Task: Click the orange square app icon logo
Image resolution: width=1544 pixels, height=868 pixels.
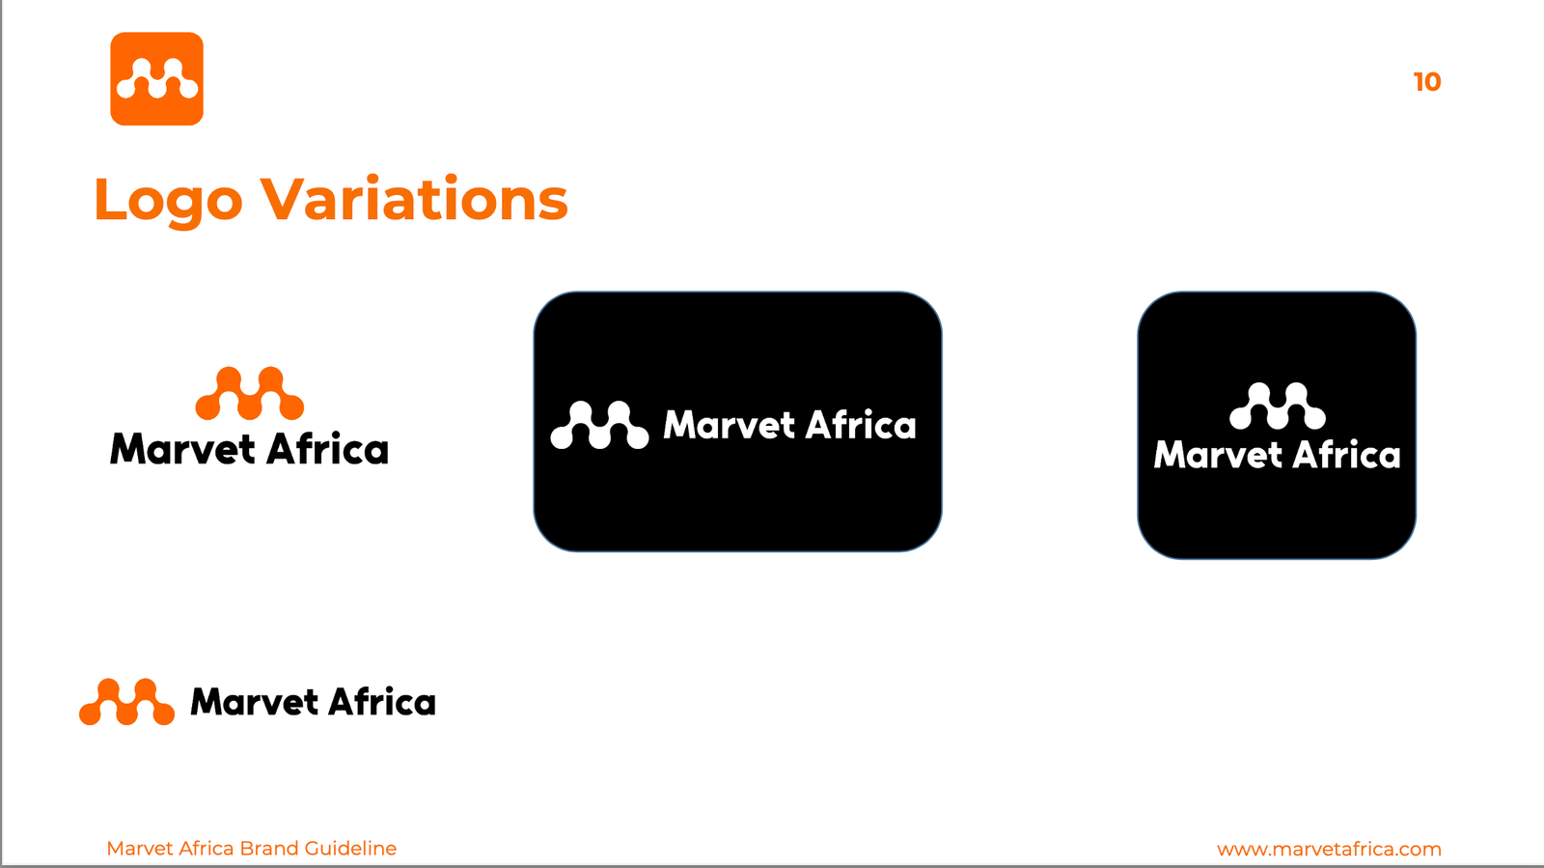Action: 156,78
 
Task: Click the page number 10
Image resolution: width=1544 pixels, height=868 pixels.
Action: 1427,82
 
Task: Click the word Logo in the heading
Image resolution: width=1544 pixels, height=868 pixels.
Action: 168,201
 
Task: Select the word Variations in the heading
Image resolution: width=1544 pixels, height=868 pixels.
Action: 414,199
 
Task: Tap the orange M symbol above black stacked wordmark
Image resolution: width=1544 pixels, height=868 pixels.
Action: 250,393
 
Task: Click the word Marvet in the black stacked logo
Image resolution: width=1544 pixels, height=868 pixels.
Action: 182,449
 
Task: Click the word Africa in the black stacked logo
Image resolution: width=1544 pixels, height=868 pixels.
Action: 327,447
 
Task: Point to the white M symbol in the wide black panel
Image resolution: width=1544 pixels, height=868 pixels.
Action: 599,425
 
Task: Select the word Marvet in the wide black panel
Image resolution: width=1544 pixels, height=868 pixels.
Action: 730,425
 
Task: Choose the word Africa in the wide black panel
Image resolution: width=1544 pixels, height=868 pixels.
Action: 861,424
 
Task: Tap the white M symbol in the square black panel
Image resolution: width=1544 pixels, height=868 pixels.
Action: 1278,406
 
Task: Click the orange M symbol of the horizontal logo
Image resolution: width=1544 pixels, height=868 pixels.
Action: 126,702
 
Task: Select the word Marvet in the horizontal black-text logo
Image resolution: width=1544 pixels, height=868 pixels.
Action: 254,702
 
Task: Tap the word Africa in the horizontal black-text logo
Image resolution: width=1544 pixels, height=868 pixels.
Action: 381,701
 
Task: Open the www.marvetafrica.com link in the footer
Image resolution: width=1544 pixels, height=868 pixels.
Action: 1329,849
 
